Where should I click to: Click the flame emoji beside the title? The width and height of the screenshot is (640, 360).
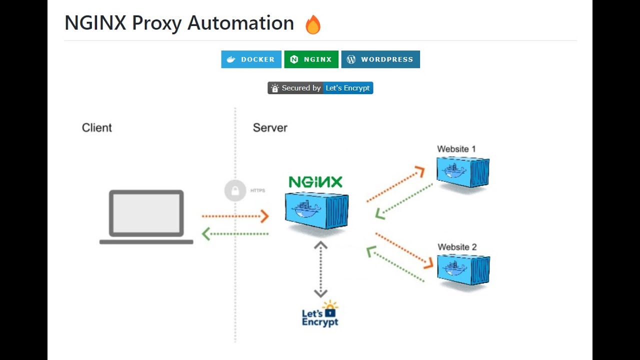(x=313, y=24)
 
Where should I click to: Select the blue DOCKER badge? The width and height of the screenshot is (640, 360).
(x=251, y=59)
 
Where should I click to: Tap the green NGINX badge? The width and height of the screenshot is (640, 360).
(x=311, y=59)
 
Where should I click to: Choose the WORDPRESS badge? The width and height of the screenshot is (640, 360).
(x=380, y=59)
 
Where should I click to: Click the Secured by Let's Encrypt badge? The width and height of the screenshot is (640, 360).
(x=320, y=88)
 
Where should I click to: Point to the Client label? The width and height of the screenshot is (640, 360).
(x=97, y=128)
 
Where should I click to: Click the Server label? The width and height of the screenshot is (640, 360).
(x=270, y=128)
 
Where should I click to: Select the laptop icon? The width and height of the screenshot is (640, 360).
(x=146, y=217)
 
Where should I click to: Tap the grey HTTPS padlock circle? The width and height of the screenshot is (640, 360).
(x=235, y=190)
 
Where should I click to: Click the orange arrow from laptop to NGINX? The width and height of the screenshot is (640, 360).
(x=235, y=216)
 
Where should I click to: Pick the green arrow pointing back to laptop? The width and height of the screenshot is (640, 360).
(x=235, y=233)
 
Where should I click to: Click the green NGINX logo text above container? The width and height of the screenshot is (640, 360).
(x=315, y=182)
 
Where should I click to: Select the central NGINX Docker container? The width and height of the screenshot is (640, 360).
(x=316, y=210)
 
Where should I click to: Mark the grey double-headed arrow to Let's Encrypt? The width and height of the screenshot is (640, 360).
(x=320, y=269)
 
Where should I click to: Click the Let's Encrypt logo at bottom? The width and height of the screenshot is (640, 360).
(x=320, y=314)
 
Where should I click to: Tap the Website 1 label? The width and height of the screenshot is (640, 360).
(x=456, y=149)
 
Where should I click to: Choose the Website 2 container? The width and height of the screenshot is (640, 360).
(x=463, y=269)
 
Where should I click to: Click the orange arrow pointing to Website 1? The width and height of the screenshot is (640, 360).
(x=395, y=184)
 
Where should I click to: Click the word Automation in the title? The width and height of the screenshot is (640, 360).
(x=240, y=23)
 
